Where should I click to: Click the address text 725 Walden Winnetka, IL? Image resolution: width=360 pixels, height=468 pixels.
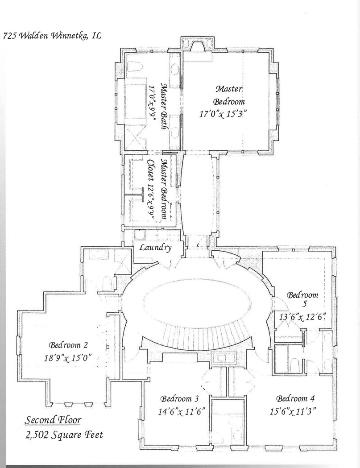(x=52, y=36)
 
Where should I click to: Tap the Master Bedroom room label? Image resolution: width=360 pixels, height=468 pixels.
(x=229, y=95)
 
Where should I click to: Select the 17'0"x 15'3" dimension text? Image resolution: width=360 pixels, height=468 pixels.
(x=224, y=114)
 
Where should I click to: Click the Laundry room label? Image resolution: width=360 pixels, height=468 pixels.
(x=156, y=248)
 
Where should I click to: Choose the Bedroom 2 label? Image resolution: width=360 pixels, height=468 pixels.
(x=68, y=345)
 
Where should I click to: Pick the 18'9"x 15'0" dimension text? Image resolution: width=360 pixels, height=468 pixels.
(x=67, y=357)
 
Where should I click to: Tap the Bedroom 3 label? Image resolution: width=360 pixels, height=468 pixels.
(x=179, y=398)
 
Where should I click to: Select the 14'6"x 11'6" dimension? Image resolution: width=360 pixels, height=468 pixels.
(x=181, y=412)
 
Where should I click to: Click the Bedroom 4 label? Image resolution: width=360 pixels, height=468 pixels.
(x=295, y=398)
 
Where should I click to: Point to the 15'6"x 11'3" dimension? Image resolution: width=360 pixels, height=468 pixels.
(x=293, y=412)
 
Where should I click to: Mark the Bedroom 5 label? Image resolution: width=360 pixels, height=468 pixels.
(x=302, y=299)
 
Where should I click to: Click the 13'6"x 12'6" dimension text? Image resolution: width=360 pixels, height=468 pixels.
(x=302, y=317)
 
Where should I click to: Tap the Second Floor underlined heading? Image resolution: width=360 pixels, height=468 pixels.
(x=53, y=420)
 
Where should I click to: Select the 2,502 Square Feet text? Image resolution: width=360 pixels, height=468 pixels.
(x=64, y=435)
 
